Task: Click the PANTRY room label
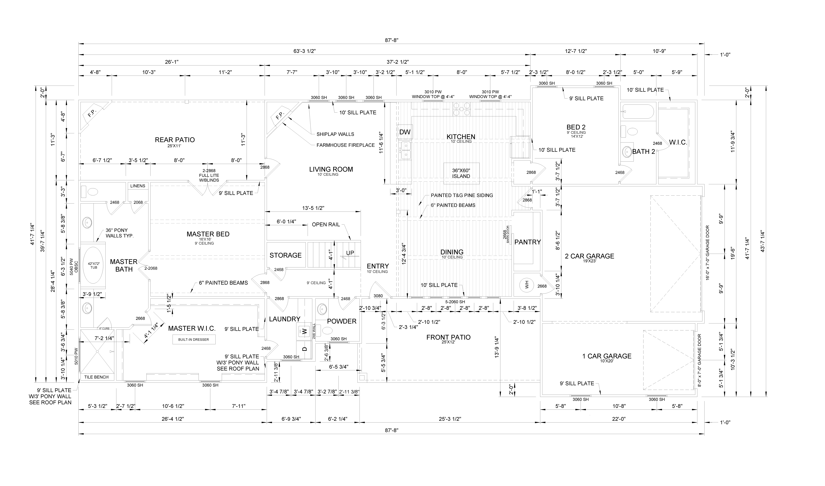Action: click(528, 242)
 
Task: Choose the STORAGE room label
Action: click(285, 255)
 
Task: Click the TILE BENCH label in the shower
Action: click(96, 377)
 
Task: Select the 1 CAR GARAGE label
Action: click(607, 356)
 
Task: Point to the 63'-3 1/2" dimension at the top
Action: click(304, 51)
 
